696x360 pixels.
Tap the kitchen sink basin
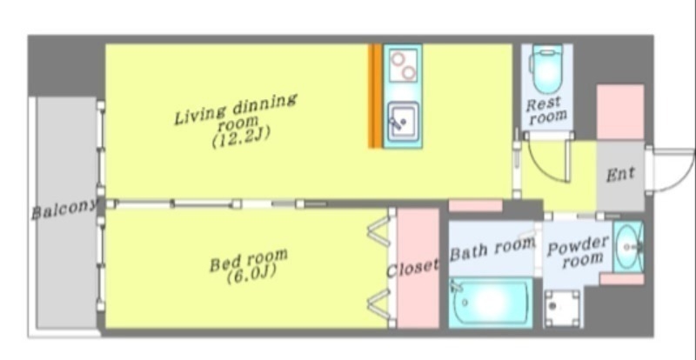click(403, 122)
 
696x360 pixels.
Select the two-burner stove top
click(403, 65)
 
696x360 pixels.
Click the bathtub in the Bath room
click(491, 303)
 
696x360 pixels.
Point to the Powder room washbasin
click(628, 247)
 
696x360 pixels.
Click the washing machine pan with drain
click(562, 309)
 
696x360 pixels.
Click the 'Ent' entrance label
click(620, 174)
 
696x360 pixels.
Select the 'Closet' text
click(412, 268)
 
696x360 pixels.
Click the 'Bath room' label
click(492, 250)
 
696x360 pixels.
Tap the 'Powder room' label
click(577, 251)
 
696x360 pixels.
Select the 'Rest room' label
click(546, 110)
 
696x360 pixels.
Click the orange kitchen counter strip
click(375, 96)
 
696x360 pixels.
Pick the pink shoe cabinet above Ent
click(620, 112)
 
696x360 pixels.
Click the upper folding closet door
click(379, 231)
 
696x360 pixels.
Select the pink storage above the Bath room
click(475, 205)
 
